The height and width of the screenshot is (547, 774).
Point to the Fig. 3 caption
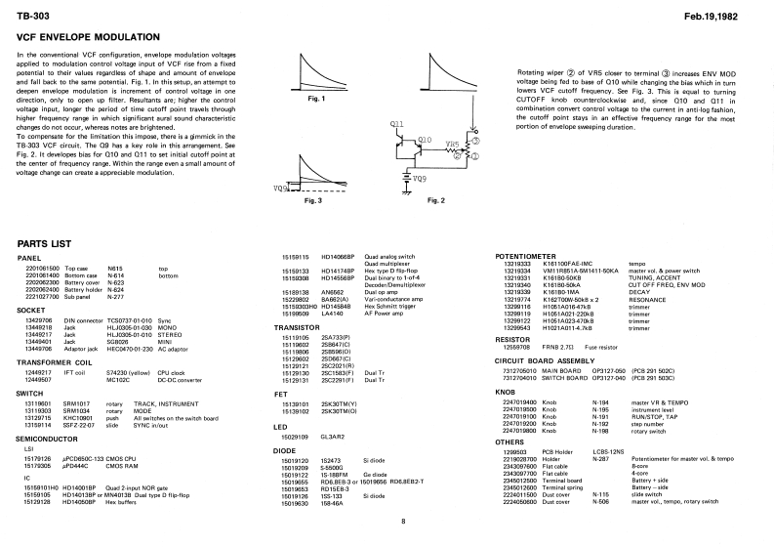click(x=313, y=199)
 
